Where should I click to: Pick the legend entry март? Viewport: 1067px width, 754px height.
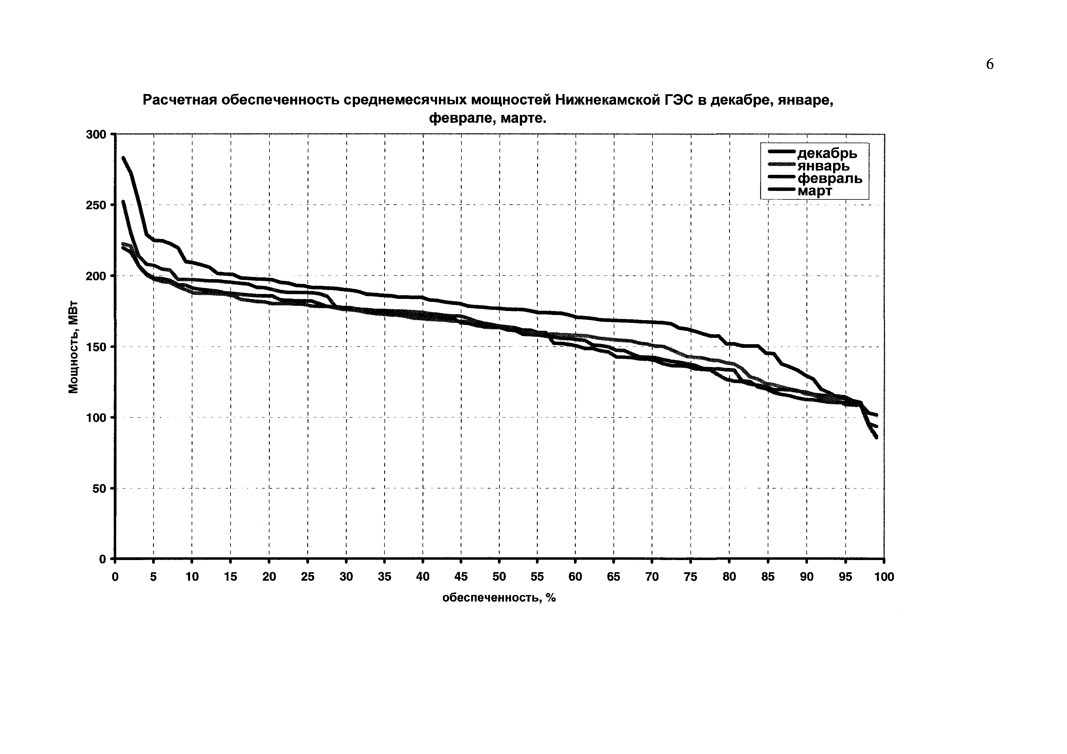tap(815, 190)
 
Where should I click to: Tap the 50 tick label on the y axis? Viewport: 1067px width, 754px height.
tap(99, 489)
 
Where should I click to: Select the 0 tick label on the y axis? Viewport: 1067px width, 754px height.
tap(103, 559)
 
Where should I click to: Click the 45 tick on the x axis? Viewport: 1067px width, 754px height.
tap(461, 577)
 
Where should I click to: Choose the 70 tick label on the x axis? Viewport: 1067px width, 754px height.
tap(652, 577)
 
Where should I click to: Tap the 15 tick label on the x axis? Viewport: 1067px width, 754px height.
tap(231, 577)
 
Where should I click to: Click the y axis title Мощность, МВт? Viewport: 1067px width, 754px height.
tap(73, 347)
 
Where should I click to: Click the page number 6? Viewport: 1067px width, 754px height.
tap(990, 64)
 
